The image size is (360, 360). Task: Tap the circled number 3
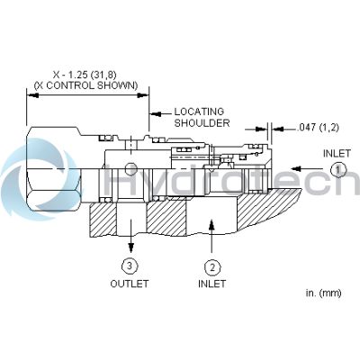(x=130, y=265)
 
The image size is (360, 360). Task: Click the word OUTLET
(x=130, y=283)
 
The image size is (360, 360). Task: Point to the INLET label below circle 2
(x=212, y=283)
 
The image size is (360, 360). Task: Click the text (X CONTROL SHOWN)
(x=86, y=85)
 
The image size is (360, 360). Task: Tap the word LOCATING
(x=199, y=112)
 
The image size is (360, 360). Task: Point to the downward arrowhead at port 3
(x=130, y=246)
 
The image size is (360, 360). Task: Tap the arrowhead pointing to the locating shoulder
(x=154, y=113)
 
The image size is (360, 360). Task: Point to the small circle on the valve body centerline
(x=131, y=168)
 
